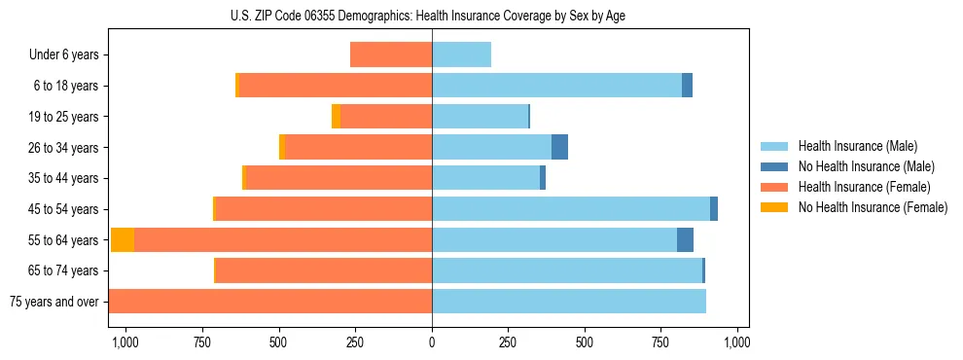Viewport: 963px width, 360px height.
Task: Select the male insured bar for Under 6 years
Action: pos(461,55)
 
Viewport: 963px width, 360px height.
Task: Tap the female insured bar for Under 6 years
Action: pos(391,55)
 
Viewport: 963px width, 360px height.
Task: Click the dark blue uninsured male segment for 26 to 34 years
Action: pos(559,147)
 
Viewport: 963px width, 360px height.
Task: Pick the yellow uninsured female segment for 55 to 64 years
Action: pos(123,239)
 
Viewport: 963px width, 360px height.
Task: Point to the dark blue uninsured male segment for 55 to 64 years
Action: pos(685,239)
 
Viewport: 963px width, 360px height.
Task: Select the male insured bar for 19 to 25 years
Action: pos(480,117)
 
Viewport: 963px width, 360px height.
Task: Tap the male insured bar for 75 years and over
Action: pos(569,302)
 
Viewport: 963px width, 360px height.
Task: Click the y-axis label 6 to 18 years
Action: pos(65,86)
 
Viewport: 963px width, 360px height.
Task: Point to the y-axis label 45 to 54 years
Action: pos(62,209)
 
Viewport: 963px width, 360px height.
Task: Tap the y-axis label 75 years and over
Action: pos(53,302)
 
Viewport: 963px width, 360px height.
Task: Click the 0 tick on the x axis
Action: pos(432,342)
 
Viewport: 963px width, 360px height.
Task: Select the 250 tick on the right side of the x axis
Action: pos(509,342)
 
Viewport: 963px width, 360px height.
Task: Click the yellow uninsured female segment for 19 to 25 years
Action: pos(336,117)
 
